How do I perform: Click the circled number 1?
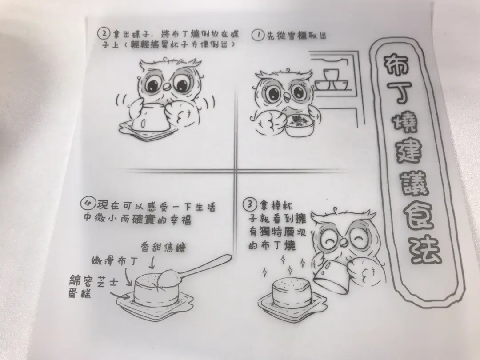coord(258,35)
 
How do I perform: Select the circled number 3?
coord(249,204)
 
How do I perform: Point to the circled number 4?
coord(87,203)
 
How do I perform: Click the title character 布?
coord(396,64)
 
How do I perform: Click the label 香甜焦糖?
coord(163,247)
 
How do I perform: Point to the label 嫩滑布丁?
coord(115,261)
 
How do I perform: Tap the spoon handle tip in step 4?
coord(229,257)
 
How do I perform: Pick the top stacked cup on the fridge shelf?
coord(331,75)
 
